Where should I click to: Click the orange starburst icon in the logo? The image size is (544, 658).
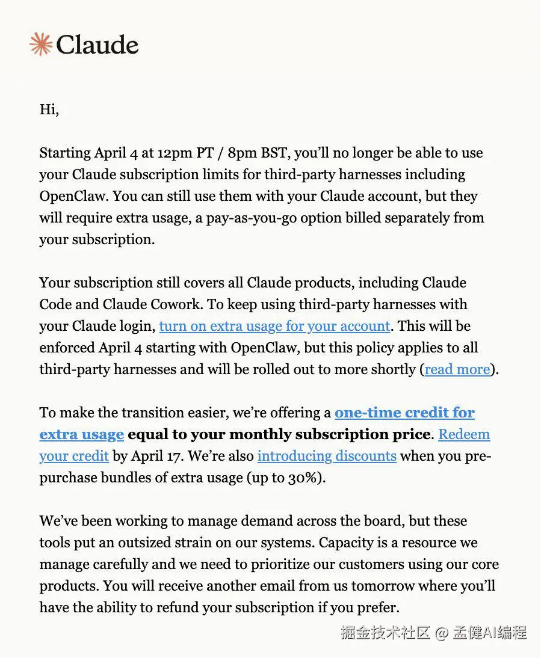pos(40,45)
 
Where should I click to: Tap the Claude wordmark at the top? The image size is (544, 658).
pos(97,45)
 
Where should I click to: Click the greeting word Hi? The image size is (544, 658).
pos(48,109)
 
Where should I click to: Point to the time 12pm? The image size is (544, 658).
pos(175,153)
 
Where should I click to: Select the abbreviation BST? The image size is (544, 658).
pos(273,153)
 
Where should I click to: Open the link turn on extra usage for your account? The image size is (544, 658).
pos(274,326)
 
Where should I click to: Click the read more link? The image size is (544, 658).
pos(457,369)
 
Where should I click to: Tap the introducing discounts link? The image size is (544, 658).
pos(327,456)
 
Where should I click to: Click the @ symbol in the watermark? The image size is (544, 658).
pos(442,633)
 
